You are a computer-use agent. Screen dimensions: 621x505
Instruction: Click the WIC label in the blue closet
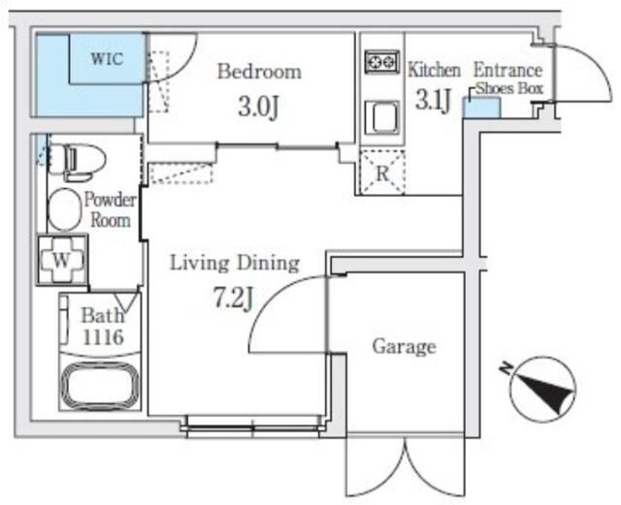(x=107, y=58)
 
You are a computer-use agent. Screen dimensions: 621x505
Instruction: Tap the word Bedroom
(x=259, y=72)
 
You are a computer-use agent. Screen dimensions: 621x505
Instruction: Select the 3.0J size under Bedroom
(x=259, y=107)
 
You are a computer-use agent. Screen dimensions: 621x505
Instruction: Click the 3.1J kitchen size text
(x=433, y=100)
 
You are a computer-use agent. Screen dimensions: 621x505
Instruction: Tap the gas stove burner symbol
(x=382, y=61)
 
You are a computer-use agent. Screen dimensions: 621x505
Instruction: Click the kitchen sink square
(x=382, y=117)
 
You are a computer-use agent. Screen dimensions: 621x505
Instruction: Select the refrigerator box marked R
(x=382, y=173)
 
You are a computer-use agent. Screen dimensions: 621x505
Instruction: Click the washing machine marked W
(x=62, y=261)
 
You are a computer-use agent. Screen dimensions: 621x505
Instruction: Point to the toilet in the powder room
(x=78, y=162)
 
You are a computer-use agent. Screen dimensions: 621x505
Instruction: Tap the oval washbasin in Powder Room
(x=64, y=209)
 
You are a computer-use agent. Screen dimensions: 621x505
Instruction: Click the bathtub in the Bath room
(x=100, y=387)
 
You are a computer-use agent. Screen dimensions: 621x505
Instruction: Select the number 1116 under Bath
(x=103, y=337)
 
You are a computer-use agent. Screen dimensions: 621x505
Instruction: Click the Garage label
(x=404, y=347)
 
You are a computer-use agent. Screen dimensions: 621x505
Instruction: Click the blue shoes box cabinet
(x=481, y=108)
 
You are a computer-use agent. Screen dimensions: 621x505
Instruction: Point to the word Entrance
(x=508, y=71)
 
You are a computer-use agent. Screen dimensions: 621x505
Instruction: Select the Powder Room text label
(x=111, y=209)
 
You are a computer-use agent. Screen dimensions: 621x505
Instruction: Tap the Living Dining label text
(x=235, y=264)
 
